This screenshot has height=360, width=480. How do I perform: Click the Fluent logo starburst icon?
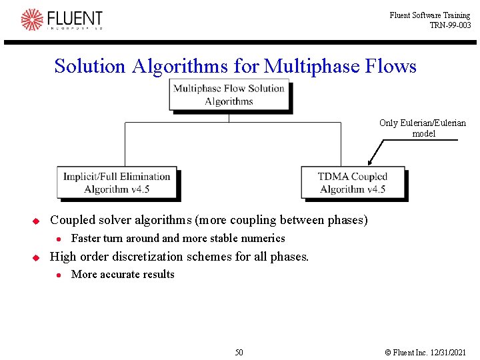coord(31,19)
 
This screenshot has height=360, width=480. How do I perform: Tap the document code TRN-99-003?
coord(450,25)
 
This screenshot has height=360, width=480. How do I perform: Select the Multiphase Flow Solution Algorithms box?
coord(229,95)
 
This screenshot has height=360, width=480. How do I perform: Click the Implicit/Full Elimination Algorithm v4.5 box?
coord(117,183)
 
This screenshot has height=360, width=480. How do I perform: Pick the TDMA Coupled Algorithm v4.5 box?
coord(352,183)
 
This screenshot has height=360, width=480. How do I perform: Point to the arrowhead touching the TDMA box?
coord(369,162)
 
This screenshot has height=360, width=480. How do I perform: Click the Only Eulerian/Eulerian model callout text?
coord(423,128)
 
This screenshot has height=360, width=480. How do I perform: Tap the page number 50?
coord(239,352)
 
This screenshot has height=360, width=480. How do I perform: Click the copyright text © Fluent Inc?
coord(406,352)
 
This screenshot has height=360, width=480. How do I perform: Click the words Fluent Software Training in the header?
coord(429,15)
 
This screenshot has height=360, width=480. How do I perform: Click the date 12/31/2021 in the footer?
coord(448,352)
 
